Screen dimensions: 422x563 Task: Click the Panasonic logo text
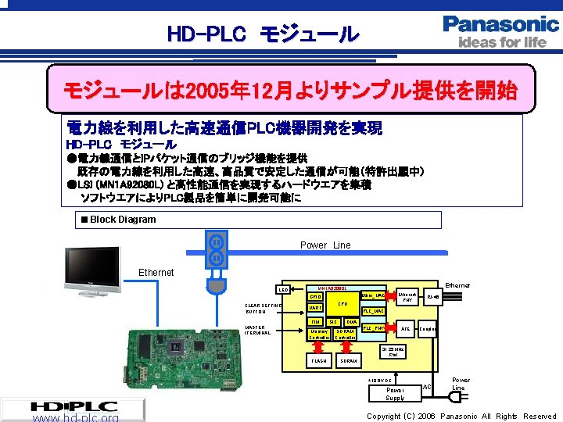(x=500, y=23)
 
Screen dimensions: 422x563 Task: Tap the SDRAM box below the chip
(x=349, y=361)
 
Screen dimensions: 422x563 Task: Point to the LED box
(x=285, y=290)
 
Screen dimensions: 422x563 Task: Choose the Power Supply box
(x=395, y=394)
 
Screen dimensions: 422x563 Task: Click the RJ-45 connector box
(x=433, y=297)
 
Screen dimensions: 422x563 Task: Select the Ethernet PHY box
(x=406, y=298)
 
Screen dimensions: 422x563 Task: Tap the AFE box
(x=405, y=329)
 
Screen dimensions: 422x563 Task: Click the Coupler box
(x=429, y=329)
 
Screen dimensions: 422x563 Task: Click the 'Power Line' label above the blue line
(x=325, y=245)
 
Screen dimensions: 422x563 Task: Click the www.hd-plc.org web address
(x=76, y=418)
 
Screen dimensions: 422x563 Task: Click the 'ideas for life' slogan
(x=502, y=42)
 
